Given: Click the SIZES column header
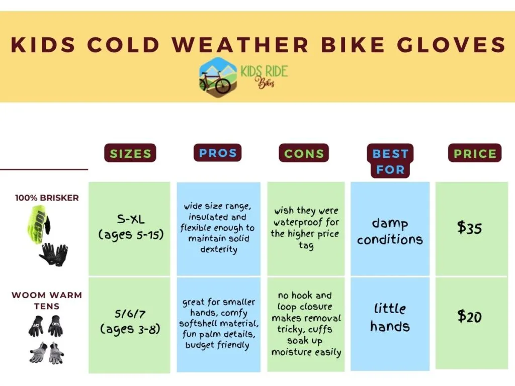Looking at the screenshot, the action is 130,153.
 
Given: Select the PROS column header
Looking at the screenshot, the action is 217,153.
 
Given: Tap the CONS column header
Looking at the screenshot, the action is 304,153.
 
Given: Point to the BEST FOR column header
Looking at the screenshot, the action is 390,161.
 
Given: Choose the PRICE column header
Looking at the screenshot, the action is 475,153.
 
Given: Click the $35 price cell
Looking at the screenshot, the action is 472,229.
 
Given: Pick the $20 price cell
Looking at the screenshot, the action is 472,323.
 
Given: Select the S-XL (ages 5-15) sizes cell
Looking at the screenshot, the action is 129,229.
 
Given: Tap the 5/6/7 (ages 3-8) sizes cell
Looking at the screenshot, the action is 129,325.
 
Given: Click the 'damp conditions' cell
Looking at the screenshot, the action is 390,229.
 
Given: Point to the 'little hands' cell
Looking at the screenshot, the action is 390,324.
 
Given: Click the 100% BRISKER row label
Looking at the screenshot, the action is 47,198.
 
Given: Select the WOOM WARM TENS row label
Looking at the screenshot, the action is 47,301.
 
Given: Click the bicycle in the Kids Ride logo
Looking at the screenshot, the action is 215,81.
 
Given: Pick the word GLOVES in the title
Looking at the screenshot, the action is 451,45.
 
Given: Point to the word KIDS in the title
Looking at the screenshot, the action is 43,45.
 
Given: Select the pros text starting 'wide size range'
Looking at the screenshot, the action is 218,228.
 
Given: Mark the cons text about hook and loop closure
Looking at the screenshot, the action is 306,324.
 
